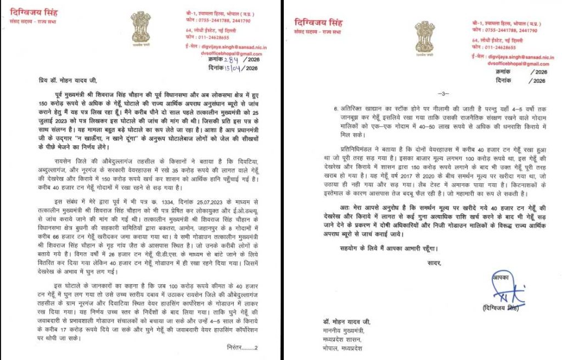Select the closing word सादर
click(433, 263)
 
